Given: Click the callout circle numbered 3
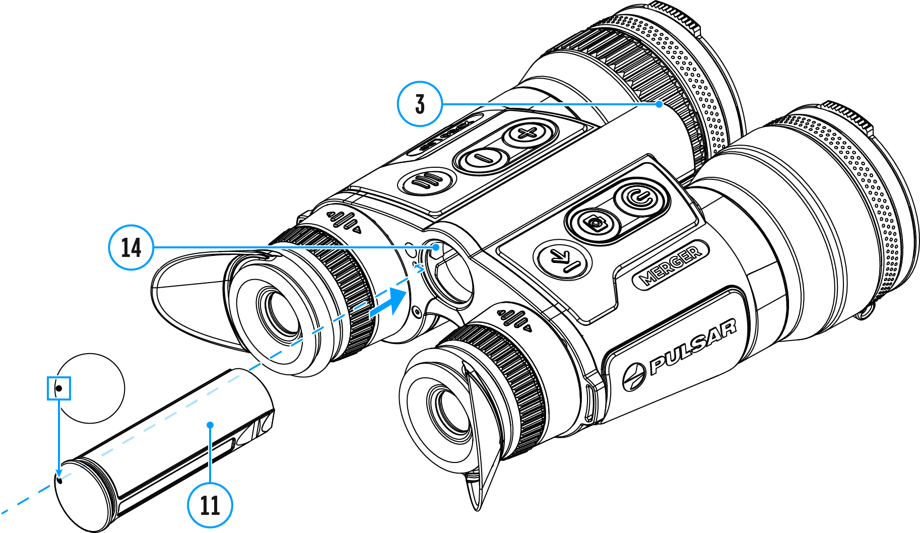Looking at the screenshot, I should point(420,104).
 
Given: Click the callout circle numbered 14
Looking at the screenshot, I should point(131,247).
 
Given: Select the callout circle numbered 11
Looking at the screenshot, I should point(210,505).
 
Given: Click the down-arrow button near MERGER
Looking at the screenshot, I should point(562,260).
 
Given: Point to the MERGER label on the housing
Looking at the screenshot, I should point(670,264).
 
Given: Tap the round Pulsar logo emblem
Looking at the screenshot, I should point(633,377).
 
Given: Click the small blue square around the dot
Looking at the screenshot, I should point(59,388).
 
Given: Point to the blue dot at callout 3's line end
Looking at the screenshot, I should point(659,104).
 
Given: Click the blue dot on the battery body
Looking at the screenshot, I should point(210,425).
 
